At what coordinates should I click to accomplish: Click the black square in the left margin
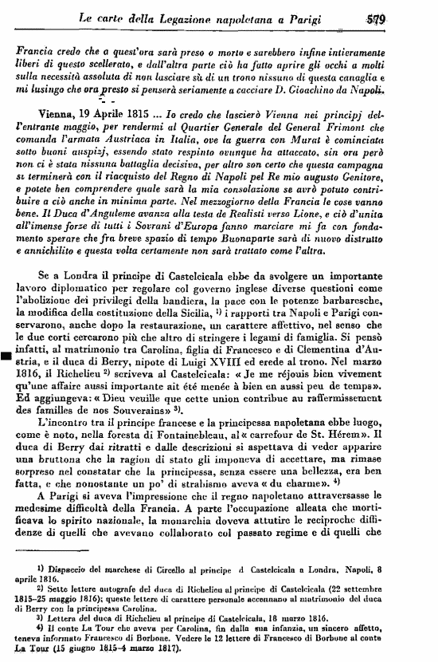6,357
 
